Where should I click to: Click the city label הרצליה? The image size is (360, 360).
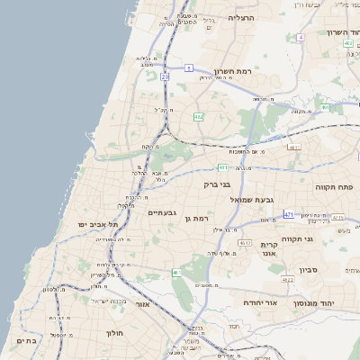(241, 17)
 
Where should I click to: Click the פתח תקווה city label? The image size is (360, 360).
(334, 186)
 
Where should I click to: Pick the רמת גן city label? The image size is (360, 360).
(194, 219)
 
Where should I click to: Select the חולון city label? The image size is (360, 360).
(113, 332)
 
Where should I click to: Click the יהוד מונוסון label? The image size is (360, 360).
(313, 304)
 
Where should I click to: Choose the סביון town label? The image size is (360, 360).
(310, 269)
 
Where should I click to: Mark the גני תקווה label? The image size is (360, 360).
(321, 238)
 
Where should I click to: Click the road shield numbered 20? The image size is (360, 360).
(165, 77)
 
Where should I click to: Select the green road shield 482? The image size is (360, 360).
(197, 116)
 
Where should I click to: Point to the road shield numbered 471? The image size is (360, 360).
(288, 213)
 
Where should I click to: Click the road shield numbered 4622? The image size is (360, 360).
(288, 281)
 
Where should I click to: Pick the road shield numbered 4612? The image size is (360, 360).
(245, 243)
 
